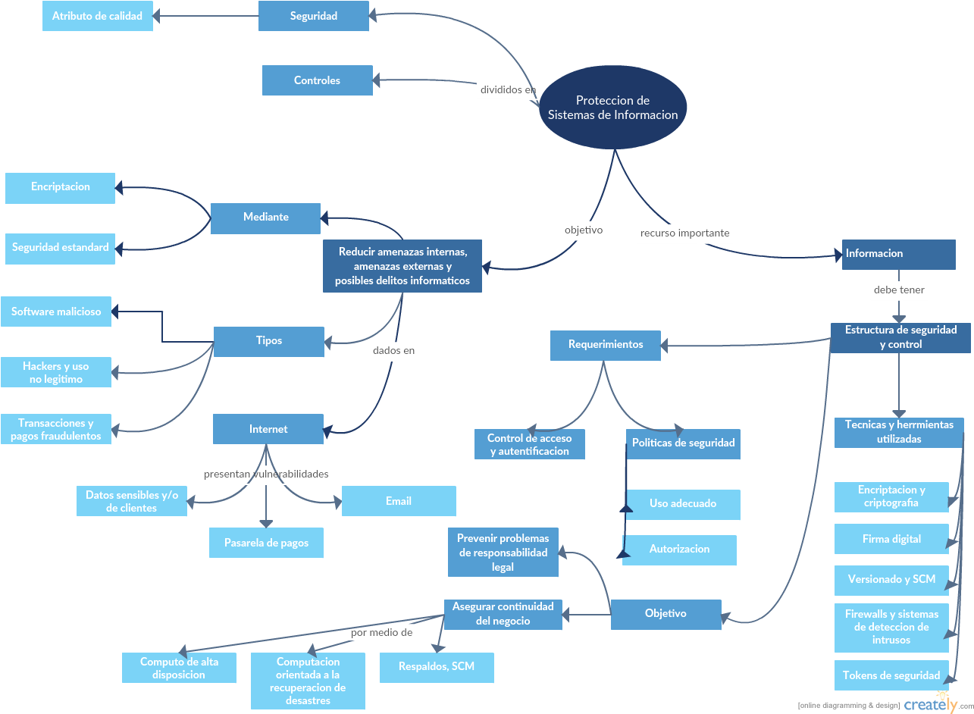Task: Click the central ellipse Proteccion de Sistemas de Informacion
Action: pos(612,107)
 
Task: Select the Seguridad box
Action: pos(313,16)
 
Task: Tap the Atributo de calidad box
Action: pos(97,16)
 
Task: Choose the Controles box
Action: pos(317,80)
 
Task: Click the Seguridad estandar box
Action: pos(60,248)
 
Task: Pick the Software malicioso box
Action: pos(56,312)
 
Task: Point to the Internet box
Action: pos(268,429)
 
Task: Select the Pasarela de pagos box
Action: pos(266,543)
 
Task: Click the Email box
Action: pos(399,501)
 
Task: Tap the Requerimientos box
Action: pos(605,345)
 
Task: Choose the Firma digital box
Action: pos(891,539)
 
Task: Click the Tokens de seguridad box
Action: pos(891,675)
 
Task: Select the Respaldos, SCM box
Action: pos(437,667)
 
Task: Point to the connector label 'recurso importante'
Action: pos(684,233)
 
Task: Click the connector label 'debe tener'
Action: pos(899,290)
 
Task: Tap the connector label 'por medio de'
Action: pos(382,632)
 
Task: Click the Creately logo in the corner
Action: pos(930,703)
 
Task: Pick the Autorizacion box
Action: pos(679,550)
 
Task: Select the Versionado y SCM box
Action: pos(891,580)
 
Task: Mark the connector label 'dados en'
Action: pos(393,351)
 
